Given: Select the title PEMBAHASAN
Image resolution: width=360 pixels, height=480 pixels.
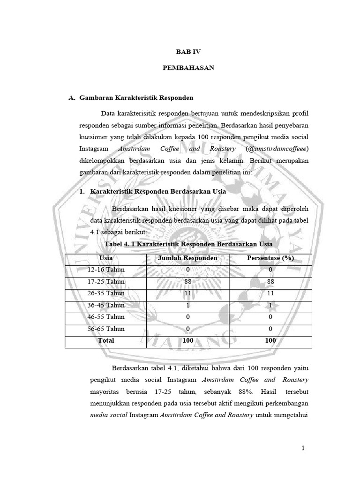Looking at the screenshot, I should point(188,68).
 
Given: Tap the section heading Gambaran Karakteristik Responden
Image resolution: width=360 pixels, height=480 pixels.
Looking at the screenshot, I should point(136,98).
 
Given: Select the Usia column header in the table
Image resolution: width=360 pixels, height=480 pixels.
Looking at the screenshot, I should point(106,258).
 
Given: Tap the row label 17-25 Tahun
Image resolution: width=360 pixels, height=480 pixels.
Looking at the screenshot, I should point(106,281).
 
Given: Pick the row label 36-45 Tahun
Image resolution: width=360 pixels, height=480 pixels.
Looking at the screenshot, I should point(106,305).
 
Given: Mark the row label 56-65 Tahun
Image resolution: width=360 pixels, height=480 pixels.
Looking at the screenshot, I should point(106,329).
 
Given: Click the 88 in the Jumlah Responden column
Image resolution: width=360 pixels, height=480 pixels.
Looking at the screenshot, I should point(188,281).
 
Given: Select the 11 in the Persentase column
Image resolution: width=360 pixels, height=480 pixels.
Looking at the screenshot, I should point(270,293).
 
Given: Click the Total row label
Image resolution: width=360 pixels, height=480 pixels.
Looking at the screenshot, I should point(106,340).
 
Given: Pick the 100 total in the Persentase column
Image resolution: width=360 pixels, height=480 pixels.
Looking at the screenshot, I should point(270,340).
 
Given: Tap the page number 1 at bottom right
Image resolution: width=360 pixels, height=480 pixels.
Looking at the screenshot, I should point(303,448).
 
